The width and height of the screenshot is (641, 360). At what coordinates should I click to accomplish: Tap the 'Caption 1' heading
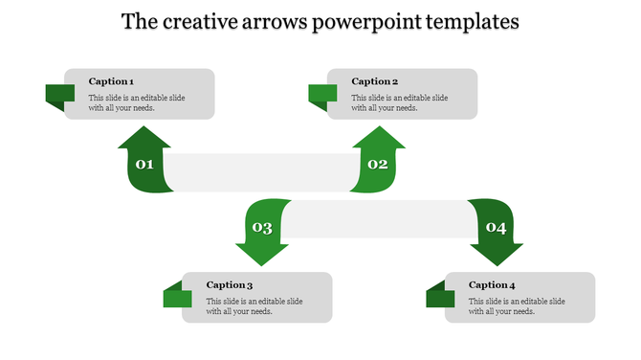(111, 81)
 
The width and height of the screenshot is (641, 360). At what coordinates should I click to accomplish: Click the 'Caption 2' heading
(374, 81)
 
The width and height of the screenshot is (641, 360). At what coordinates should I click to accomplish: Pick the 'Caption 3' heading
(230, 284)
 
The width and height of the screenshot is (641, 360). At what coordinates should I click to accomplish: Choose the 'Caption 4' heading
(492, 284)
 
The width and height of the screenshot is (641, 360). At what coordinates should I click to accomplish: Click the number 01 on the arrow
(144, 165)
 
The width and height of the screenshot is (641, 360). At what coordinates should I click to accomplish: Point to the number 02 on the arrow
(378, 165)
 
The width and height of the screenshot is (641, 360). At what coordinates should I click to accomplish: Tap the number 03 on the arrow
(261, 228)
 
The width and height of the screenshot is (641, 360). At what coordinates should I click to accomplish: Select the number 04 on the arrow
(496, 227)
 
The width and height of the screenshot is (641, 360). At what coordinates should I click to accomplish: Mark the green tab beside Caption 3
(177, 297)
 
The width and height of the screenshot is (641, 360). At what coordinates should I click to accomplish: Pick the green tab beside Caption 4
(440, 297)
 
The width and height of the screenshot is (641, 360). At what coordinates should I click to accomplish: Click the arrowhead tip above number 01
(144, 130)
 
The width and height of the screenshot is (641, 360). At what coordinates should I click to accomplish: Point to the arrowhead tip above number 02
(379, 130)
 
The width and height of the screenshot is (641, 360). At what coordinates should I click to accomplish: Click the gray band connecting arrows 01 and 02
(261, 171)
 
